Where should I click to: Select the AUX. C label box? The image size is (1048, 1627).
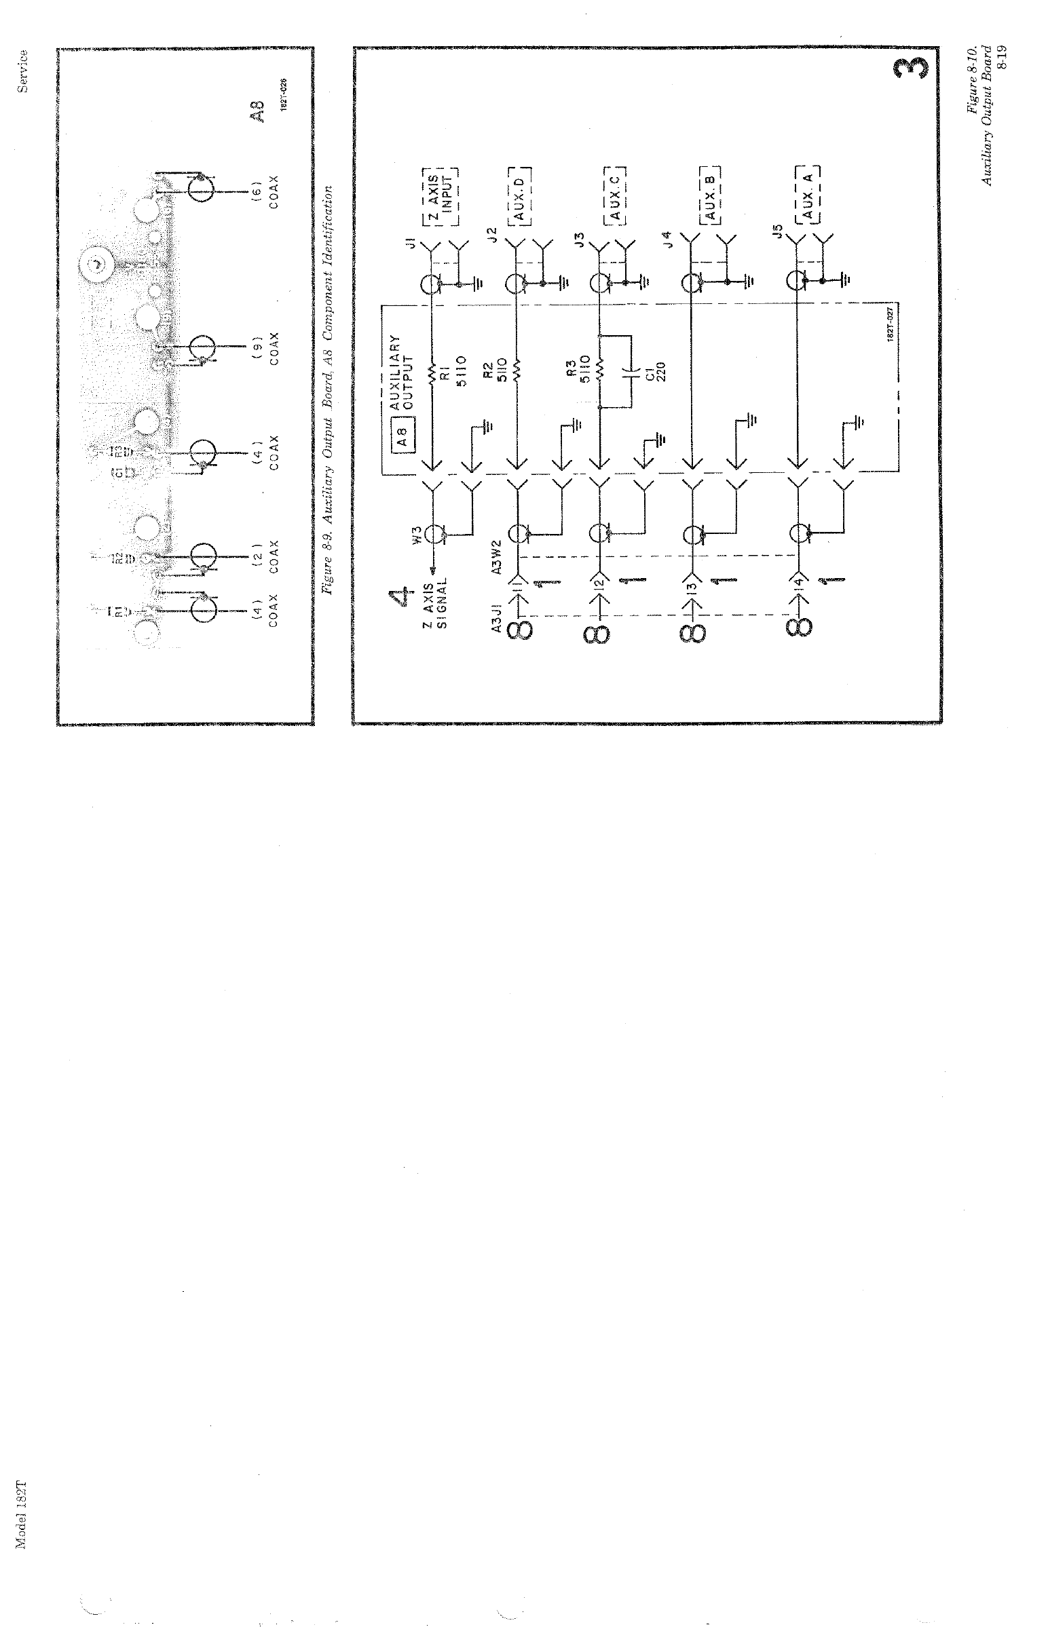615,196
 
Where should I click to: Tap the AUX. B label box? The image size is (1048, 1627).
711,196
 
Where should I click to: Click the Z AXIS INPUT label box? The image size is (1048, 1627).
440,196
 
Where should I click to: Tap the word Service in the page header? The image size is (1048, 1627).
24,71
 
